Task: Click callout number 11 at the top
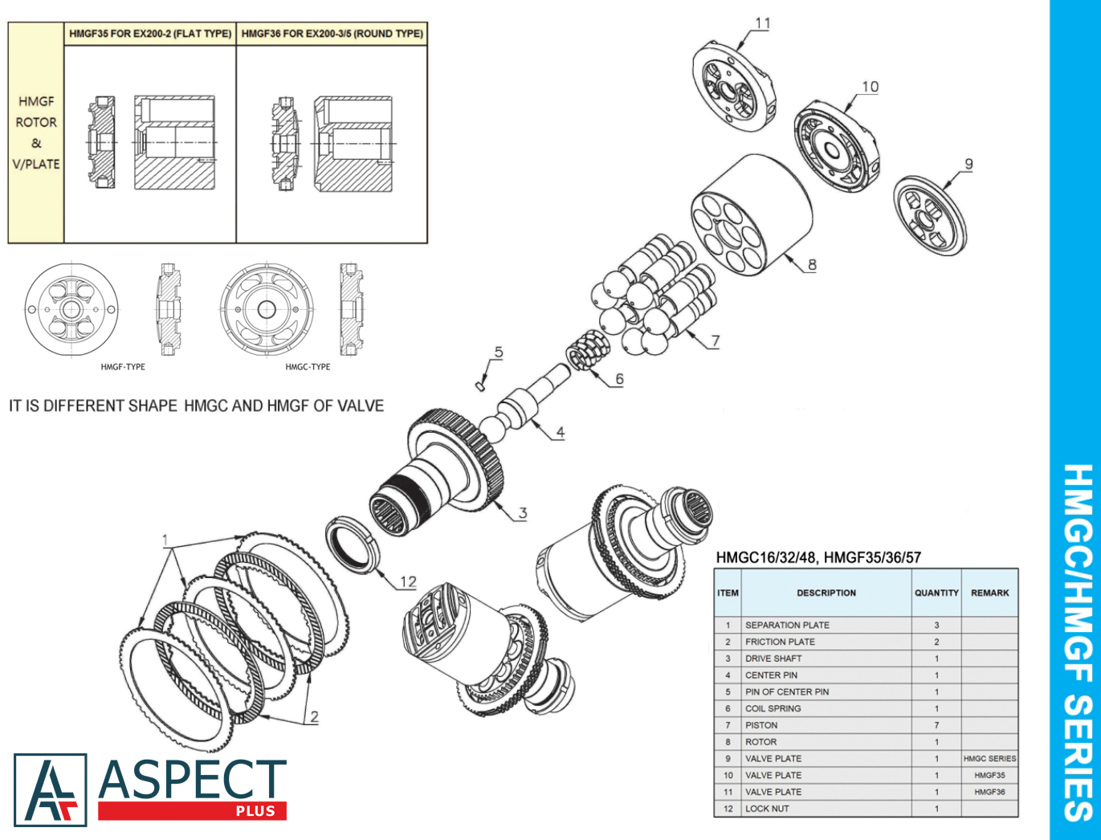pyautogui.click(x=762, y=23)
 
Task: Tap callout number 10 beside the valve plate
pyautogui.click(x=870, y=87)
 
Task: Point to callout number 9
pyautogui.click(x=968, y=164)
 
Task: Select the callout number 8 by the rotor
pyautogui.click(x=812, y=264)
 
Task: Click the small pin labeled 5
pyautogui.click(x=479, y=385)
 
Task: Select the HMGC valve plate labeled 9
pyautogui.click(x=930, y=214)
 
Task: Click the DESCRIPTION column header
pyautogui.click(x=826, y=593)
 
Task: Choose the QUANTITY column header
pyautogui.click(x=936, y=593)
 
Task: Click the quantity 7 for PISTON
pyautogui.click(x=936, y=725)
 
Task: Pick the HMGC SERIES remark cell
pyautogui.click(x=989, y=758)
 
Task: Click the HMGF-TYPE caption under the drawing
pyautogui.click(x=123, y=367)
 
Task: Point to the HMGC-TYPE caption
pyautogui.click(x=308, y=367)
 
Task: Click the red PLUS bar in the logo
pyautogui.click(x=192, y=811)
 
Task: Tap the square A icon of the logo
pyautogui.click(x=50, y=790)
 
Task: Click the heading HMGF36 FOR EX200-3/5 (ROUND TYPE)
pyautogui.click(x=332, y=34)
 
